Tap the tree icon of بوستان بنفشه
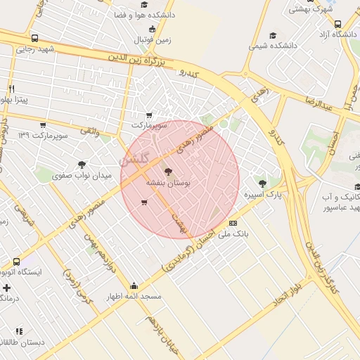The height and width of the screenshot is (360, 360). [x=167, y=171]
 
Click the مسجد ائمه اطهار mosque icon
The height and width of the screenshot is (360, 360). [x=134, y=286]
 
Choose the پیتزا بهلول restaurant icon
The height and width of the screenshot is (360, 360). [x=12, y=89]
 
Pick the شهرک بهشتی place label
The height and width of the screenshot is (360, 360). [x=310, y=8]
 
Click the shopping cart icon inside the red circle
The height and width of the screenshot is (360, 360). [x=144, y=203]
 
